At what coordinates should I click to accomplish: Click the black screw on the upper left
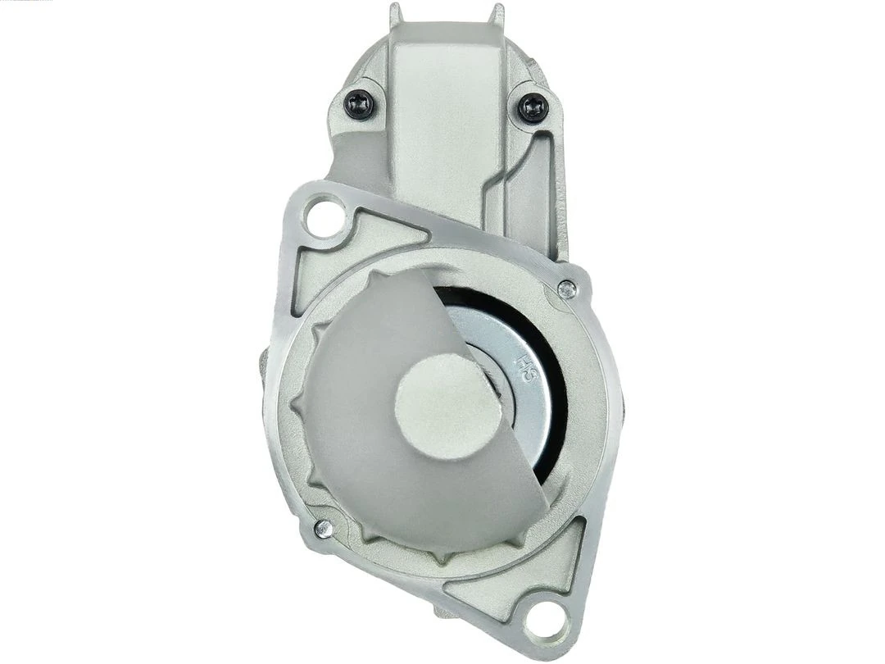pyautogui.click(x=359, y=104)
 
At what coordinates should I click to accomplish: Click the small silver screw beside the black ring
pyautogui.click(x=566, y=288)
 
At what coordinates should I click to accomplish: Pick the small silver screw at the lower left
pyautogui.click(x=324, y=529)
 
